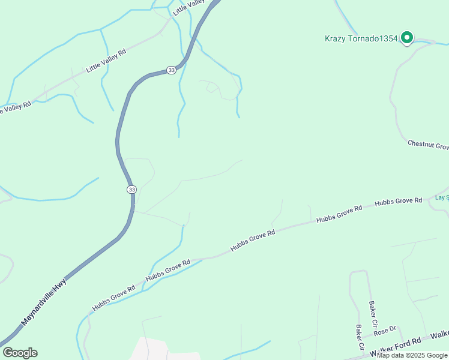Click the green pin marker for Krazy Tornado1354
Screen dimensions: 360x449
(x=407, y=37)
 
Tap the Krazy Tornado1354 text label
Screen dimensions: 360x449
(x=361, y=39)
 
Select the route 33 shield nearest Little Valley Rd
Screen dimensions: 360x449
(x=172, y=70)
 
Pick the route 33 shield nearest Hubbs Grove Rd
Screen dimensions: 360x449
(x=131, y=189)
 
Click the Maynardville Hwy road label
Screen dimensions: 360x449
(x=43, y=302)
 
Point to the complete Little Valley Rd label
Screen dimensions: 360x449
(x=106, y=61)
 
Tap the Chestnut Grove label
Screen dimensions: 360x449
(x=428, y=145)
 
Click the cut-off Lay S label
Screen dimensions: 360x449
(x=441, y=197)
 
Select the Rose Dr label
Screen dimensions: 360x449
(x=385, y=330)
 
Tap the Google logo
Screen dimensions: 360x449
(x=20, y=353)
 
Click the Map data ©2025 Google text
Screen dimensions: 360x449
(x=412, y=355)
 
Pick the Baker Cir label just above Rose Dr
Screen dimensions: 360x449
(x=373, y=310)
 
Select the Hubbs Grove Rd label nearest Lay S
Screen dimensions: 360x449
(x=399, y=202)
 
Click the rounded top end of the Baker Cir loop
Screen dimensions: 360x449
(x=358, y=272)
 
